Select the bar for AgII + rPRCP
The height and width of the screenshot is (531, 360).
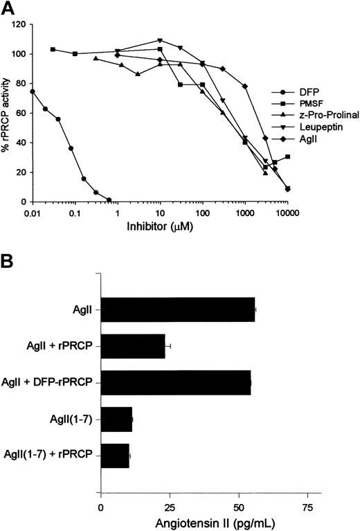click(134, 344)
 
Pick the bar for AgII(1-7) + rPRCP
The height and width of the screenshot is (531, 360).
click(116, 456)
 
